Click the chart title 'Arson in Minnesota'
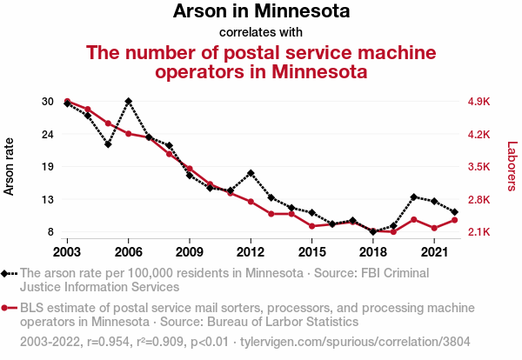(261, 12)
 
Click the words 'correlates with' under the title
(261, 33)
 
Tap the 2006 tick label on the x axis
(129, 251)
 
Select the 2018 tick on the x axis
(372, 251)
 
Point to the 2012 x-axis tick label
(251, 251)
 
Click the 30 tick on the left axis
(47, 102)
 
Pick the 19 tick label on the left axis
(47, 167)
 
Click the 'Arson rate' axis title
(10, 166)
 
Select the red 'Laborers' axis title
(512, 166)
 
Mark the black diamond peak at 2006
(129, 102)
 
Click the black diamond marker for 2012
(251, 173)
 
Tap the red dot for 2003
(68, 102)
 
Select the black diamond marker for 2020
(413, 197)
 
